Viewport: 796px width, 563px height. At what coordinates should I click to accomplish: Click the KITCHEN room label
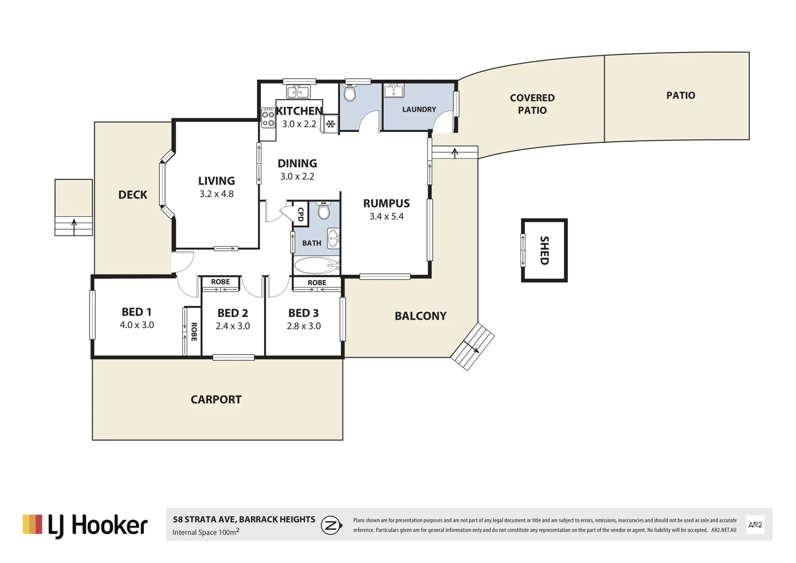(x=299, y=111)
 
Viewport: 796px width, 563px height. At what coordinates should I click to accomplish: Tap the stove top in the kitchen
(x=268, y=118)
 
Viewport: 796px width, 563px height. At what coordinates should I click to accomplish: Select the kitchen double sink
(x=299, y=92)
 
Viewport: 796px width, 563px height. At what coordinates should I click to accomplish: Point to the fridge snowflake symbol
(x=330, y=124)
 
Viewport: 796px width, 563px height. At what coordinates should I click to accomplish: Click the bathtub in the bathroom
(x=316, y=266)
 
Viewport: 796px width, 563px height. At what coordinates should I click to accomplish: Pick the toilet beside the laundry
(x=350, y=93)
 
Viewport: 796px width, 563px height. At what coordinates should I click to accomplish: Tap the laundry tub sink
(x=394, y=91)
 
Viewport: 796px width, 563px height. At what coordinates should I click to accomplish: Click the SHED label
(x=544, y=250)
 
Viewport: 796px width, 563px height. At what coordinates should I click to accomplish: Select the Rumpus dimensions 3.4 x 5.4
(x=386, y=216)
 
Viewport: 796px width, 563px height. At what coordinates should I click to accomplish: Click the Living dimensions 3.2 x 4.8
(x=216, y=194)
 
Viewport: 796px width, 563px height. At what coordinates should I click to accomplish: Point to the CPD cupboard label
(x=301, y=214)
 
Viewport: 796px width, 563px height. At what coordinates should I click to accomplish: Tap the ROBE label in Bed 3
(x=317, y=283)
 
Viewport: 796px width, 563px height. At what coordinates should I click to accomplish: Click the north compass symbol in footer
(x=331, y=525)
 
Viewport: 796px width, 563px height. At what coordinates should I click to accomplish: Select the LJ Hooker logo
(x=85, y=525)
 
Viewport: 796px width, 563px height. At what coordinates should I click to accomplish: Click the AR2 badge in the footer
(x=755, y=525)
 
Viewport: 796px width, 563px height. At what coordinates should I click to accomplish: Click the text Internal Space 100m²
(x=206, y=532)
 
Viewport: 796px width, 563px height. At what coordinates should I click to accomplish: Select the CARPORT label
(x=216, y=400)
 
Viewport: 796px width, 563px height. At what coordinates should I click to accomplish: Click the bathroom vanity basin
(x=334, y=239)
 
